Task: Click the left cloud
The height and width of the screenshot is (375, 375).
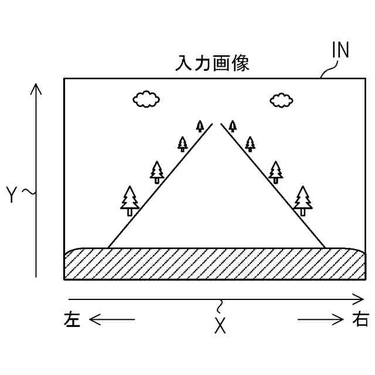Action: [x=146, y=99]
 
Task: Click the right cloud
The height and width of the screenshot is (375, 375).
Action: [x=282, y=100]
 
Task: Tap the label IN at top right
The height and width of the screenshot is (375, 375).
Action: [x=340, y=52]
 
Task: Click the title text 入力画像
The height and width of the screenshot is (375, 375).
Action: [x=213, y=63]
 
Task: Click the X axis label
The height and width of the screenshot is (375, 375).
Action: [x=220, y=326]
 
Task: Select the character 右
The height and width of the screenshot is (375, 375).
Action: [x=360, y=319]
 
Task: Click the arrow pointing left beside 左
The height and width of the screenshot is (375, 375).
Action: [x=111, y=319]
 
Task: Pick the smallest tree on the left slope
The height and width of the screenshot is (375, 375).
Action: [x=200, y=125]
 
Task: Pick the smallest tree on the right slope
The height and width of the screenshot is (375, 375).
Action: [x=233, y=125]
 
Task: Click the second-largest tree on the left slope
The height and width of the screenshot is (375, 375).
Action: [x=156, y=172]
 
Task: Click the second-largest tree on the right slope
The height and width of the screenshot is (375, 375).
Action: [x=276, y=172]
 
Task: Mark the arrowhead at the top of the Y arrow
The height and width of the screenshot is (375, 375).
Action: [x=36, y=88]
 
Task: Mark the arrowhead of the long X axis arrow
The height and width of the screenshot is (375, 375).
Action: [x=360, y=299]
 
